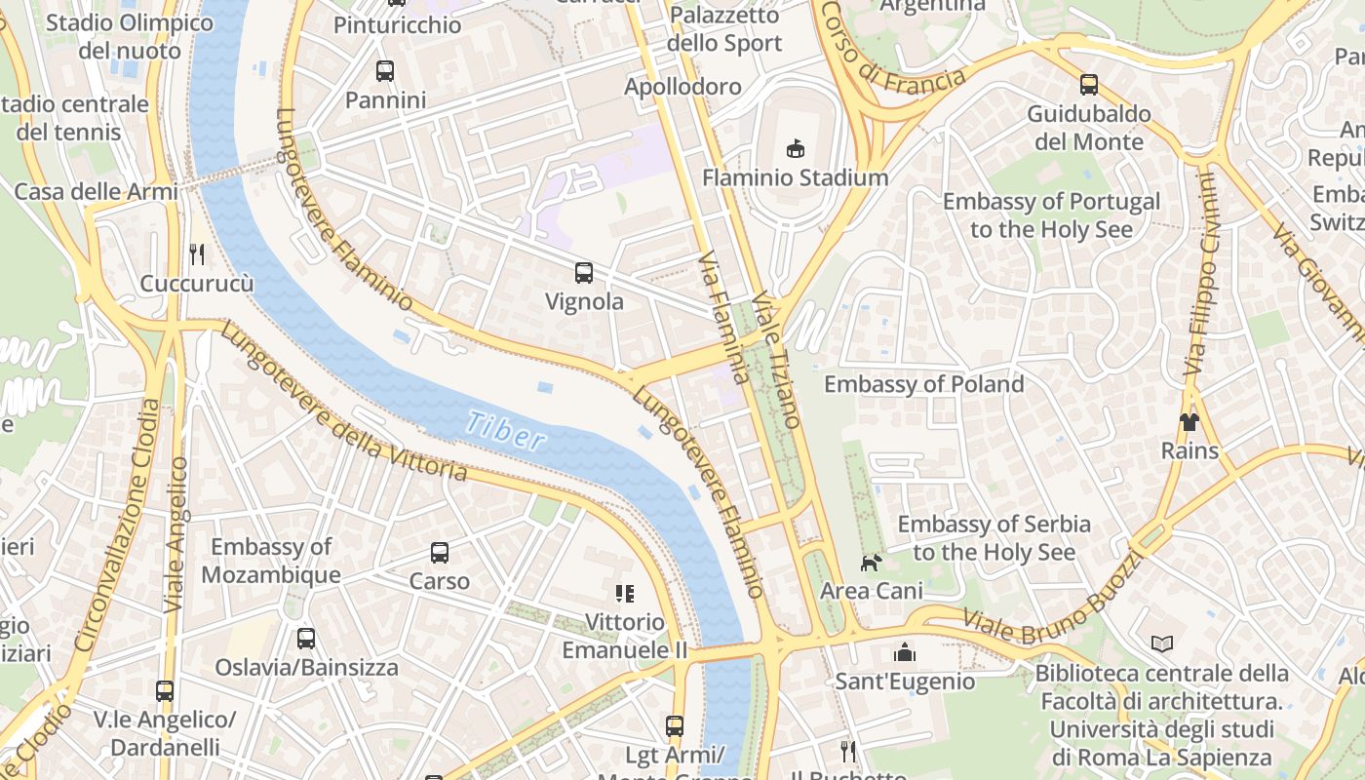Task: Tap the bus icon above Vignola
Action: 584,273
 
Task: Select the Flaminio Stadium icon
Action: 796,148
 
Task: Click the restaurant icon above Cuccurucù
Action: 197,254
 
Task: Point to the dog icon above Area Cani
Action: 871,562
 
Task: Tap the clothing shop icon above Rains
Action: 1189,421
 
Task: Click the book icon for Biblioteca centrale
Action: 1161,643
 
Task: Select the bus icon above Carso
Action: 440,552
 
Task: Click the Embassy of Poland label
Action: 923,384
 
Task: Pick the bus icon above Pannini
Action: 385,70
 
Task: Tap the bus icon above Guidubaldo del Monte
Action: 1089,85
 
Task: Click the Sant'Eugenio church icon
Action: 904,651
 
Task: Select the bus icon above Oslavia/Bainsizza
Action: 306,638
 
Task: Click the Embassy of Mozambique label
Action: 271,561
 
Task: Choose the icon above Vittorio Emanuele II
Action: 625,593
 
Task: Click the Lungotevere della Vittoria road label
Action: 343,402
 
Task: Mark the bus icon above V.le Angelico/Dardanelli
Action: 165,690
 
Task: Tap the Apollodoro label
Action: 682,87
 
